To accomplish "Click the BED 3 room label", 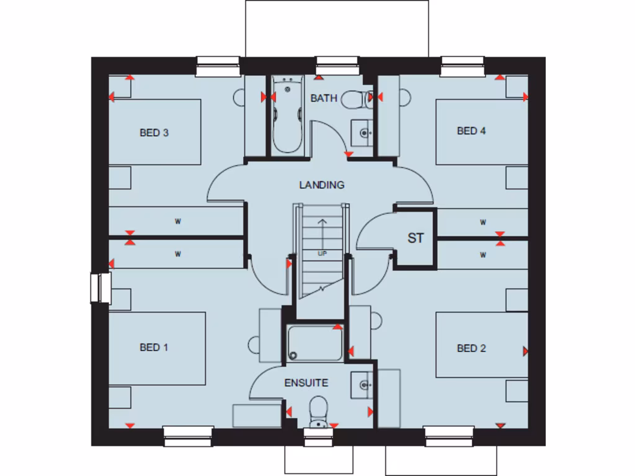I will pos(154,132).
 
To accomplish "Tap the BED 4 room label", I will pos(471,131).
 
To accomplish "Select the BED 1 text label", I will pos(154,347).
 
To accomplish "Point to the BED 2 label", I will pos(471,348).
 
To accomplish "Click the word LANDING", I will pos(321,185).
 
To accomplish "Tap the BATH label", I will pos(324,98).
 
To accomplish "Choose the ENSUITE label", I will pos(306,382).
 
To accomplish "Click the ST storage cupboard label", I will pos(415,238).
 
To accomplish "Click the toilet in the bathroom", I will pos(357,99).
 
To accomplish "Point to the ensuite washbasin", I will pos(362,384).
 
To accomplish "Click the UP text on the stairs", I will pos(322,253).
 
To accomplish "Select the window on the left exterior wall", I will pos(99,288).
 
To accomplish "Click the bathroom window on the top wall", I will pos(337,65).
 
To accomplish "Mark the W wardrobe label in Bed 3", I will pos(177,221).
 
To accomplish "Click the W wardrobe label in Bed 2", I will pos(482,255).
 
